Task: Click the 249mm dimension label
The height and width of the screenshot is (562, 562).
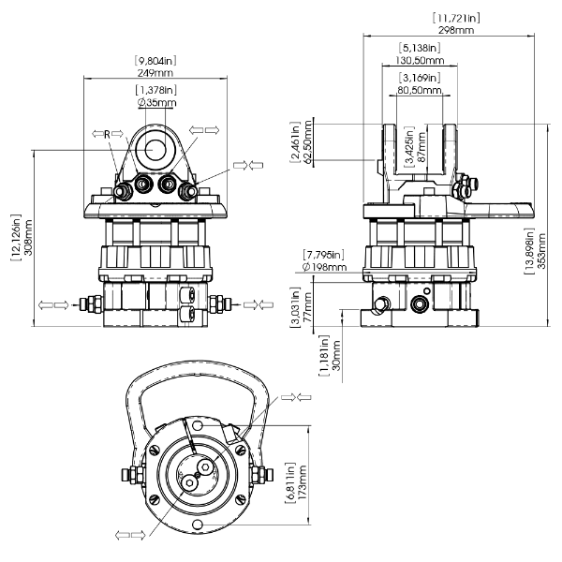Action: (x=155, y=72)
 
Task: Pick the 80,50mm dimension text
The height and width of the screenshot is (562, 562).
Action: (x=419, y=91)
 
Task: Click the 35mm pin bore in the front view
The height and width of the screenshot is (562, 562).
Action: (x=155, y=149)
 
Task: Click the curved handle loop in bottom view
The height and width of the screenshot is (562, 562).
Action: (x=194, y=371)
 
